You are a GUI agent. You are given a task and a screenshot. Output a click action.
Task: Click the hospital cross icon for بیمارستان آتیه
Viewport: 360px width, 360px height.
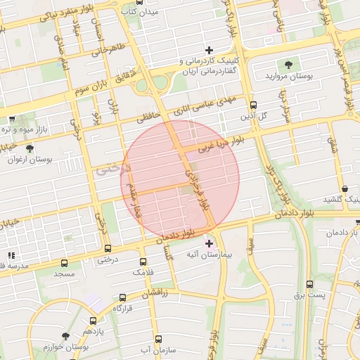click(x=209, y=243)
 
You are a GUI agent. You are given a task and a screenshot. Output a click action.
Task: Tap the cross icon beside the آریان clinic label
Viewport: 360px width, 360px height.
click(x=209, y=49)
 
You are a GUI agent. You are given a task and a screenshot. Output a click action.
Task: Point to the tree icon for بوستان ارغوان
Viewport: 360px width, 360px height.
click(x=29, y=148)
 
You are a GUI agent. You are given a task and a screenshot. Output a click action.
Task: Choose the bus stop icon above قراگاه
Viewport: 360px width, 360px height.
click(x=123, y=297)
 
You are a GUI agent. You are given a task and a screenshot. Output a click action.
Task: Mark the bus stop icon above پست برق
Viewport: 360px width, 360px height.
click(x=310, y=284)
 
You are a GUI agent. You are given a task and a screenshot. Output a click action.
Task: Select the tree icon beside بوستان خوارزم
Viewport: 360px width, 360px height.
click(x=65, y=336)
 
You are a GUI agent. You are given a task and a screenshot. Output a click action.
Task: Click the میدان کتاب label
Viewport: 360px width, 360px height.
click(x=159, y=12)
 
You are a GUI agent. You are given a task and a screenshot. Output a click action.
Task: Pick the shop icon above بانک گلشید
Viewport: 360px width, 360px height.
click(x=345, y=188)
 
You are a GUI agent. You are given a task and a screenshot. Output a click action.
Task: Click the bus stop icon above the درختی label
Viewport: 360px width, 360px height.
click(x=107, y=248)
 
